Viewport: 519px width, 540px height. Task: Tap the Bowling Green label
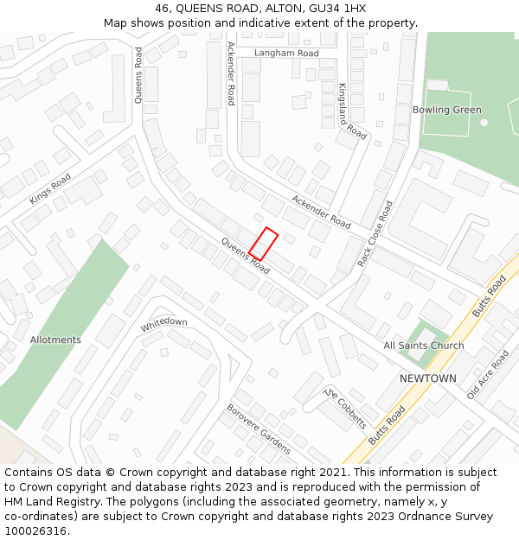(x=446, y=110)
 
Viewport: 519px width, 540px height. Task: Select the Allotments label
(x=55, y=340)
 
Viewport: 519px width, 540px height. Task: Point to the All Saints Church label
(x=424, y=346)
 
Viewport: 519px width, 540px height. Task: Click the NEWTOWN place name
(x=427, y=378)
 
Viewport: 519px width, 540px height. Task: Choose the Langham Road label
(x=286, y=53)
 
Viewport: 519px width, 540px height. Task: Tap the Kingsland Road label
(x=352, y=111)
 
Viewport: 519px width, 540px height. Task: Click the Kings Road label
(x=50, y=189)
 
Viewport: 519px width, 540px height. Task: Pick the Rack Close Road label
(x=375, y=233)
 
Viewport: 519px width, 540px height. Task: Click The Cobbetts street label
(x=345, y=408)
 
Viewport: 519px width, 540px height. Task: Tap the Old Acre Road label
(x=488, y=374)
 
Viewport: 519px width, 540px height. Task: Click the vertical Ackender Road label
(x=231, y=73)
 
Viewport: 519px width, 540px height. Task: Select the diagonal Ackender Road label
(x=321, y=212)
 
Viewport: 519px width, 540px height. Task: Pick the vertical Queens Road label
(x=138, y=75)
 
